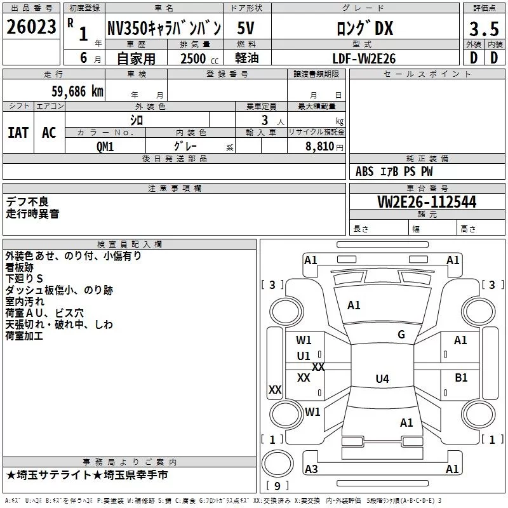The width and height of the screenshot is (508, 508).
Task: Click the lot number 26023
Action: pyautogui.click(x=31, y=27)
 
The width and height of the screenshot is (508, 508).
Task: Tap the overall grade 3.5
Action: pyautogui.click(x=484, y=29)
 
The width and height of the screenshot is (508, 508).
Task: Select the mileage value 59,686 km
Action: pyautogui.click(x=77, y=91)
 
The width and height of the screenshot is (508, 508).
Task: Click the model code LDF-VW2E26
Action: pyautogui.click(x=364, y=58)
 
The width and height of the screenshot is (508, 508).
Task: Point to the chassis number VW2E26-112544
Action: pyautogui.click(x=427, y=202)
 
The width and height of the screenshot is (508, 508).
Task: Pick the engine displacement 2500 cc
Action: pyautogui.click(x=199, y=58)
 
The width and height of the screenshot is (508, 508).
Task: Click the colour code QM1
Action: pyautogui.click(x=105, y=147)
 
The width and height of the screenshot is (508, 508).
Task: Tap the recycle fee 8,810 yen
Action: pyautogui.click(x=324, y=147)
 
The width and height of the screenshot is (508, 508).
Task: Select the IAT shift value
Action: pyautogui.click(x=18, y=133)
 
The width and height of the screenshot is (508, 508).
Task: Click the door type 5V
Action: pyautogui.click(x=246, y=28)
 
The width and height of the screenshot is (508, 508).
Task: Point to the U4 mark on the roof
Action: pyautogui.click(x=382, y=378)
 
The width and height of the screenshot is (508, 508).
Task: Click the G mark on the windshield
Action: pyautogui.click(x=401, y=335)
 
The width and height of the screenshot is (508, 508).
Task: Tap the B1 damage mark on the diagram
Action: pyautogui.click(x=461, y=377)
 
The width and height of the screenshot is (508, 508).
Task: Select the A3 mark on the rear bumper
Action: pyautogui.click(x=311, y=469)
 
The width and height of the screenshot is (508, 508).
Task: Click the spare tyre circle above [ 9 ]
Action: pyautogui.click(x=277, y=464)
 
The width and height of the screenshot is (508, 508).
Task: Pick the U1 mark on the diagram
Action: pyautogui.click(x=304, y=356)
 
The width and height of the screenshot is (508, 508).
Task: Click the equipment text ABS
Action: pyautogui.click(x=364, y=171)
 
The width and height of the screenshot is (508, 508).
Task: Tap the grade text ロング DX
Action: pyautogui.click(x=365, y=28)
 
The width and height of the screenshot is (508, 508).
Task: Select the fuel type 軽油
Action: pyautogui.click(x=247, y=58)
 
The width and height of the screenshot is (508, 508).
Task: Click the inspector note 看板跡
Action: pyautogui.click(x=20, y=267)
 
